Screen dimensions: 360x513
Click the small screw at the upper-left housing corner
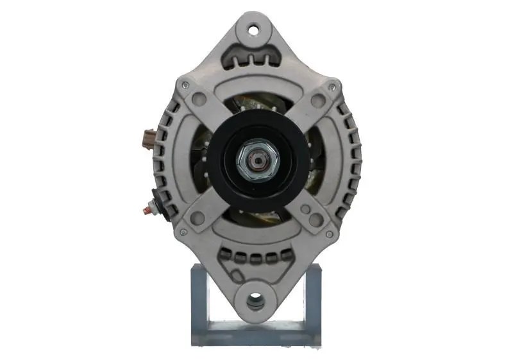tap(185, 85)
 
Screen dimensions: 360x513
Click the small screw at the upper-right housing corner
tap(332, 85)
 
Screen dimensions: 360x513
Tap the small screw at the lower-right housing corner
tap(330, 234)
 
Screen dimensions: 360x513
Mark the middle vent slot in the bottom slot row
tap(256, 257)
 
